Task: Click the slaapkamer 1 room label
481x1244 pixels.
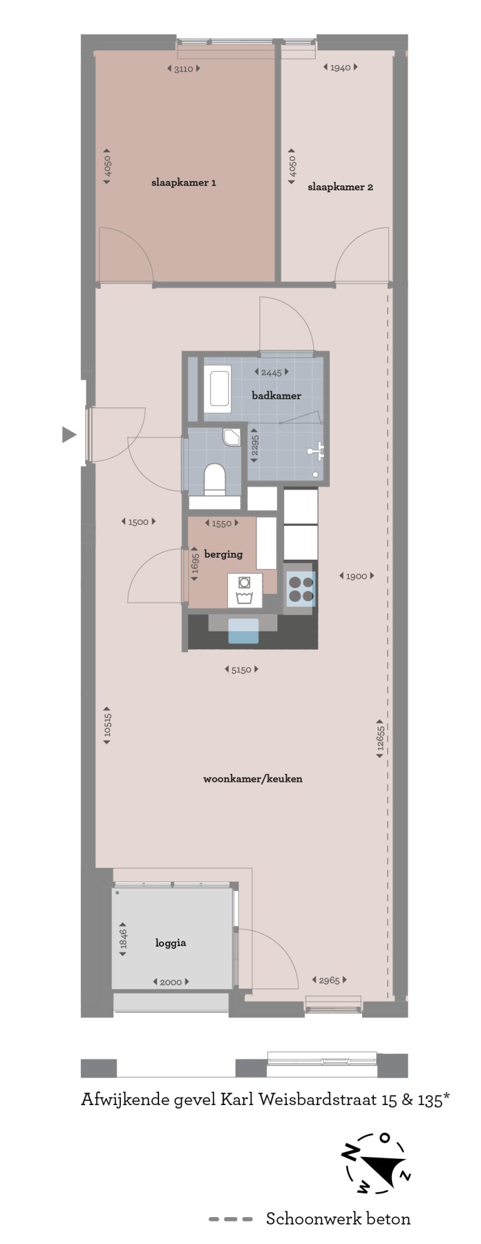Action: (184, 183)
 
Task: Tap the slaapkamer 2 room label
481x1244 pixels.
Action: (340, 187)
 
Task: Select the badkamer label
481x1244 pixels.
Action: (276, 396)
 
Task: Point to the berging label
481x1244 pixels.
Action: (223, 554)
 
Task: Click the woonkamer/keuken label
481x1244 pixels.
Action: (252, 779)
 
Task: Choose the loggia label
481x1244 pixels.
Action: (170, 943)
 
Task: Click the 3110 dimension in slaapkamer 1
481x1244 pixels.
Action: (184, 69)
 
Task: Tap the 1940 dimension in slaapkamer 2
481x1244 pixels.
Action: (340, 68)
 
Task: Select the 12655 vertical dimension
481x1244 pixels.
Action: (380, 739)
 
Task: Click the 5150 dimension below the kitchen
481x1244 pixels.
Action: (241, 670)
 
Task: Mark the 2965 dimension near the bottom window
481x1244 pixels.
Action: (329, 980)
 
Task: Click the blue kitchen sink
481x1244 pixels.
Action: (243, 630)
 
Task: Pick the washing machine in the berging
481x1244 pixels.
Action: (244, 590)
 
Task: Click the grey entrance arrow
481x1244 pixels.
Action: (69, 434)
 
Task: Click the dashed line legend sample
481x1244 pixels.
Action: (230, 1219)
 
